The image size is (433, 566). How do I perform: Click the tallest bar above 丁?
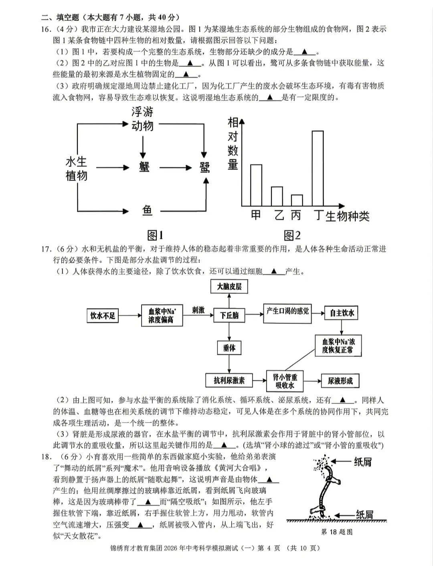318,168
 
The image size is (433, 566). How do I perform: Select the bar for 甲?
256,185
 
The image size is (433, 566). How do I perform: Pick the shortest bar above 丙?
297,200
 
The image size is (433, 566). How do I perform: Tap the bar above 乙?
277,196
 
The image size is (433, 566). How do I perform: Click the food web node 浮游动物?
142,119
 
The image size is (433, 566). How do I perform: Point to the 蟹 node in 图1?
144,167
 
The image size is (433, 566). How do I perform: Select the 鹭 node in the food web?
204,168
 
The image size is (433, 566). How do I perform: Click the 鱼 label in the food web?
147,210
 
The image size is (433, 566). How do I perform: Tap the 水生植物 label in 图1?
76,168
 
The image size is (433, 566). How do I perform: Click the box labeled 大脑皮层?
229,287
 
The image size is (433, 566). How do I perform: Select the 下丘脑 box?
229,315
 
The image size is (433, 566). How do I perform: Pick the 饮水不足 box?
103,315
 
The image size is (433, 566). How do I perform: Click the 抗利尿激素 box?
229,380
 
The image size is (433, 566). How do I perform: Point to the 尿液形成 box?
340,381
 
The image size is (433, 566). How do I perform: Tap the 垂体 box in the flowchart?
229,348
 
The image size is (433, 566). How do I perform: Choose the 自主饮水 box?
342,313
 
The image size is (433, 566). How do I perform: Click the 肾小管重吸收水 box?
285,381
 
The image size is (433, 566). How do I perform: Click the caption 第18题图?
337,532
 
